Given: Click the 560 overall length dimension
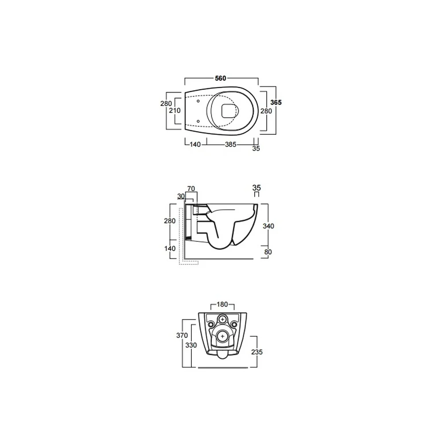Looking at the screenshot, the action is point(221,78).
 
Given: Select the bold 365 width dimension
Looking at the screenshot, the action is point(276,102).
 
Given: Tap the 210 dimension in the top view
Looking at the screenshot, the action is point(175,110).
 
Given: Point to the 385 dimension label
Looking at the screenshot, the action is point(230,144).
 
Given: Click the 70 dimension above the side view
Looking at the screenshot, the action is point(191,188).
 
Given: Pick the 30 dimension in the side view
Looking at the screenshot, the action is point(181,196).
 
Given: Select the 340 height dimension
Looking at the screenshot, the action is point(268,226).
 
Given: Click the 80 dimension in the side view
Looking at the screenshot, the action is point(268,252).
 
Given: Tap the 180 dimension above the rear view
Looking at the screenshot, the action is point(222,304).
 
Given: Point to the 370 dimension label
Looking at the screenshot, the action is point(182,335).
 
